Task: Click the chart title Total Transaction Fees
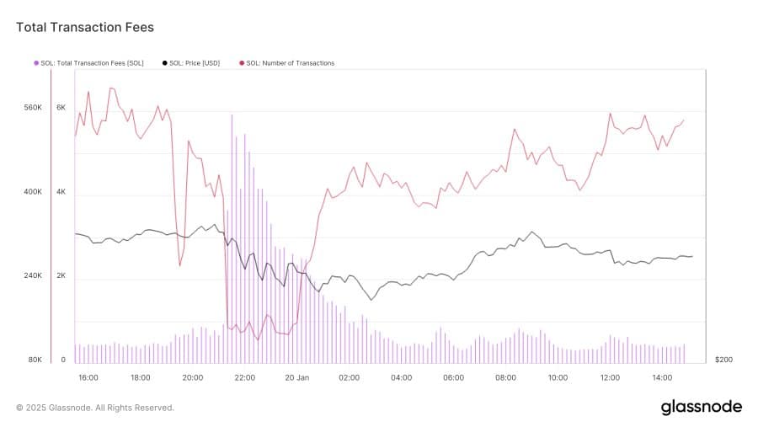[x=85, y=28]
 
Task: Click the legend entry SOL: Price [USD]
[x=195, y=63]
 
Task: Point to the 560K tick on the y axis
[x=33, y=108]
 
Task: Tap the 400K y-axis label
[x=33, y=192]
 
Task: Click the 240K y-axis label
[x=33, y=276]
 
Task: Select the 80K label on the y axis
[x=35, y=360]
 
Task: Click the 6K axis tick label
[x=61, y=108]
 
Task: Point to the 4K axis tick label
[x=61, y=192]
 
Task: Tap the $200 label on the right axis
[x=723, y=360]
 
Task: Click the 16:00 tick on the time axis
[x=88, y=377]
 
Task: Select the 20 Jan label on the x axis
[x=297, y=377]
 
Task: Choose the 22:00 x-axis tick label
[x=245, y=377]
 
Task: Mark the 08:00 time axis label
[x=505, y=377]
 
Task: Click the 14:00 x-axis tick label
[x=662, y=377]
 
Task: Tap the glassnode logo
[x=701, y=407]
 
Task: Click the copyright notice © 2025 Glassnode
[x=95, y=408]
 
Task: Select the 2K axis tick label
[x=61, y=276]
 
